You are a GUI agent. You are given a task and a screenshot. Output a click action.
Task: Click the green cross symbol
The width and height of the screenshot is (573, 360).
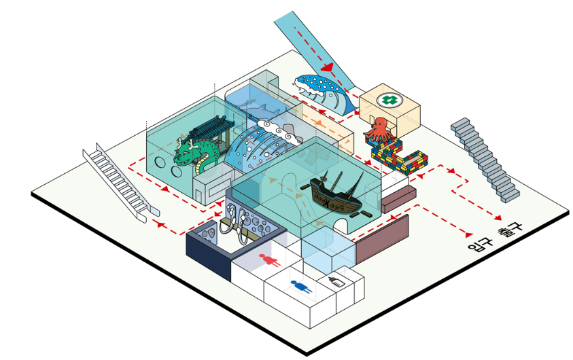388,100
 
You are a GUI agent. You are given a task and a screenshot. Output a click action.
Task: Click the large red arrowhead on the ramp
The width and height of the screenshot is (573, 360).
329,68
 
